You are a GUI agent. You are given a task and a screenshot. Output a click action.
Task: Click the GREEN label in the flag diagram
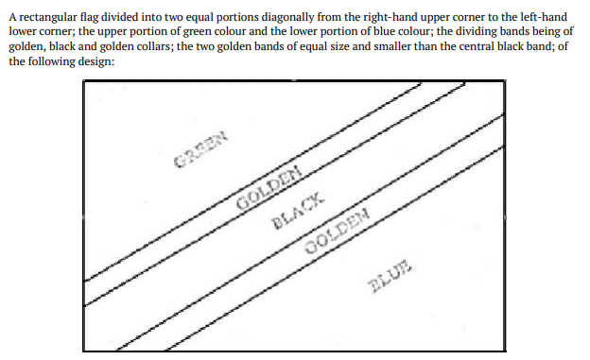[x=201, y=149]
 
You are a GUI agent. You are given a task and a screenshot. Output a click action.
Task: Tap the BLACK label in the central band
[x=298, y=211]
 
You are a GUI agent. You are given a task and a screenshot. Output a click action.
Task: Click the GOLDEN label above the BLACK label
[x=269, y=187]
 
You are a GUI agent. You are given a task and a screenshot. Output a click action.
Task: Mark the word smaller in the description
[x=380, y=46]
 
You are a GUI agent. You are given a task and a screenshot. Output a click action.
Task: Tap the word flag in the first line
[x=88, y=17]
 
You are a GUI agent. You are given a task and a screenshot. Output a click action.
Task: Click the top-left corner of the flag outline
[x=83, y=80]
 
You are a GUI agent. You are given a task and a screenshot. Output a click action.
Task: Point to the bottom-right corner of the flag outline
[x=505, y=351]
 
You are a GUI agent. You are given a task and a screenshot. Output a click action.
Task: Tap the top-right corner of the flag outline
[x=505, y=80]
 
